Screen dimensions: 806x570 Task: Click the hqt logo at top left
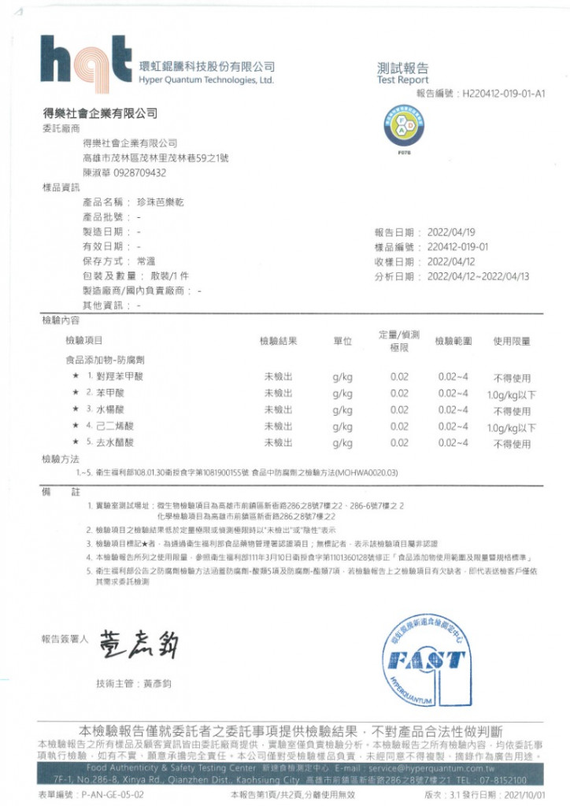click(86, 60)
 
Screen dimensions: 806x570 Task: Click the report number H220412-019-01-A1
click(503, 93)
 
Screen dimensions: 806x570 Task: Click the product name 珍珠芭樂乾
click(160, 202)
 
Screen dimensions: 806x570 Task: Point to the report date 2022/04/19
click(451, 232)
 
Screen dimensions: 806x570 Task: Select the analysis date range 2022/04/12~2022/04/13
click(478, 276)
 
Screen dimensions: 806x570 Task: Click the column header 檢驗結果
click(279, 341)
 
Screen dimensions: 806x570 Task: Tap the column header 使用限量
click(512, 341)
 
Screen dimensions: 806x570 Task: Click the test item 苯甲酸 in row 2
click(109, 393)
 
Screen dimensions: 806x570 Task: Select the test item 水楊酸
click(109, 409)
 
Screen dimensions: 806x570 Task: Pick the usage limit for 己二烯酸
click(511, 427)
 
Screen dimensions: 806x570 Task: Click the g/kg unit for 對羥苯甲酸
click(342, 377)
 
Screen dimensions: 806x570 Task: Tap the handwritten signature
click(139, 646)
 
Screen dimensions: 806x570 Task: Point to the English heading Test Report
click(402, 80)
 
